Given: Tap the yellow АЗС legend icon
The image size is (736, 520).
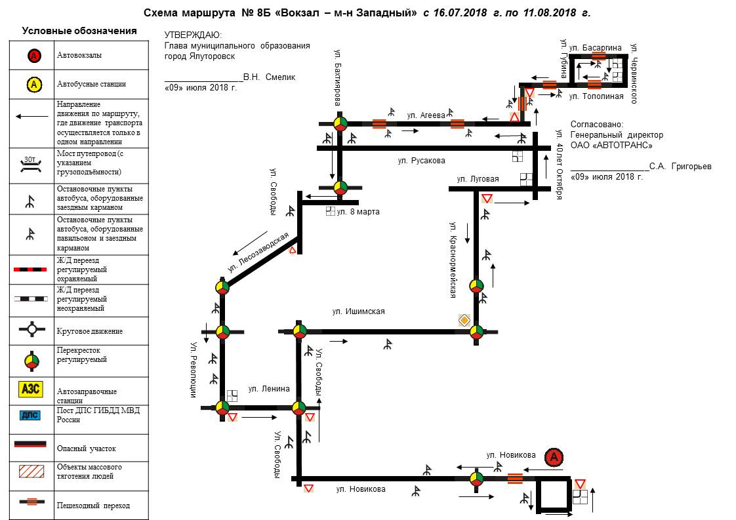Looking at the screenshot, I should point(31,390).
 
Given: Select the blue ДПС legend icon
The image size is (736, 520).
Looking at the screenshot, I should point(31,414).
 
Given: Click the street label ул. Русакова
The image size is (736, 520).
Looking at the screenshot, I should point(421,161).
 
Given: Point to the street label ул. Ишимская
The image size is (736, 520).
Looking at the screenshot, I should point(358,311).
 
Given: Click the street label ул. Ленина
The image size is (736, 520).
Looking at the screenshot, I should point(269,389).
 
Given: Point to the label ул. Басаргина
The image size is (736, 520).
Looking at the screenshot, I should point(594,47).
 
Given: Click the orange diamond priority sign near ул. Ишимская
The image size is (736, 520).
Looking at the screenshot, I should point(464,319).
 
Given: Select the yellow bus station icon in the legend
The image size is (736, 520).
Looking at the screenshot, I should point(34,84).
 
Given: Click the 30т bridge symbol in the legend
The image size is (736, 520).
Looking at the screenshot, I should point(31,163).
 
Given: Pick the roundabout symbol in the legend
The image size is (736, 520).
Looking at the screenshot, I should point(31,331).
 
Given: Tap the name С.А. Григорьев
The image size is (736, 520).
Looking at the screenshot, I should point(680,167).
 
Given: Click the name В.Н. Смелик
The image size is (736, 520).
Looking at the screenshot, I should point(269,77).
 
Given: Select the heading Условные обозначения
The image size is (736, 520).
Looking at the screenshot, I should point(79,31).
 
